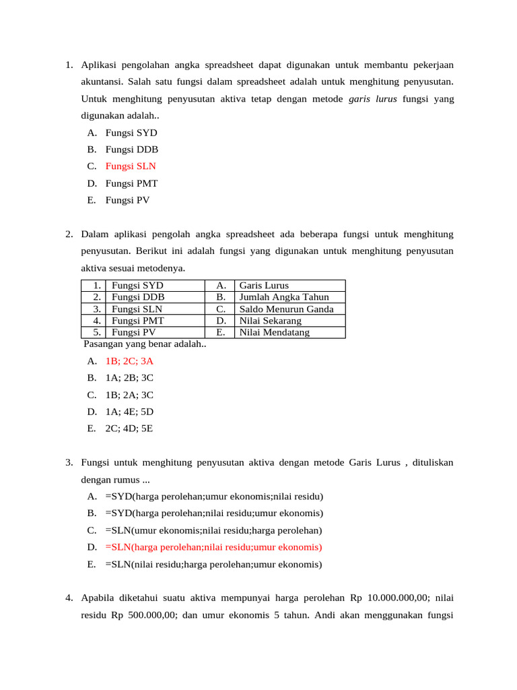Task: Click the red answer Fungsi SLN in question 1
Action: tap(131, 166)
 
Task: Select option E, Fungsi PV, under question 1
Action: tap(127, 199)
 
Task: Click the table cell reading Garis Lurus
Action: tap(264, 285)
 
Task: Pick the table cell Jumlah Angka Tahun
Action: tap(283, 296)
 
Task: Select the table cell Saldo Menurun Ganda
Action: tap(287, 309)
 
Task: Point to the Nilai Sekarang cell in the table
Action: tap(271, 320)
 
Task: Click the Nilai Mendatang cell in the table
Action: tap(275, 332)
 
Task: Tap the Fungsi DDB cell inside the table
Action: tap(138, 296)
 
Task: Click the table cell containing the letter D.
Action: tap(220, 320)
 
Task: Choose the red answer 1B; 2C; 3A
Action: tap(129, 361)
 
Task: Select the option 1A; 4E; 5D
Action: tap(129, 411)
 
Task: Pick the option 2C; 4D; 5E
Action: tap(129, 428)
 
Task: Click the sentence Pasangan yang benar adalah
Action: tap(145, 344)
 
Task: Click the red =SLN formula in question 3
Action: tap(213, 547)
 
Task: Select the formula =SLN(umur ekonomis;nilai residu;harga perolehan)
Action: tap(213, 530)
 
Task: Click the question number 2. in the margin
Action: tap(69, 234)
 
